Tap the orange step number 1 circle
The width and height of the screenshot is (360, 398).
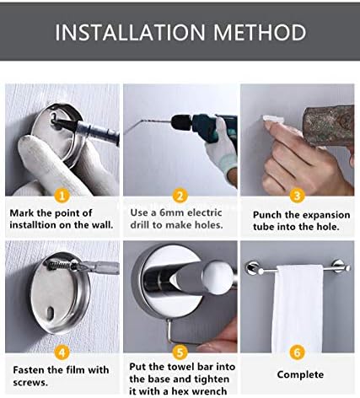coord(61,196)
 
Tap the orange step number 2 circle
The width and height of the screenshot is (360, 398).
coord(179,196)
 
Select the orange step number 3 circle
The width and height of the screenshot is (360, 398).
coord(297,196)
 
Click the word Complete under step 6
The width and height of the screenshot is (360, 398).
coord(300,374)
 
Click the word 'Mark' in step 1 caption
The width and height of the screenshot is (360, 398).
coord(26,213)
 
